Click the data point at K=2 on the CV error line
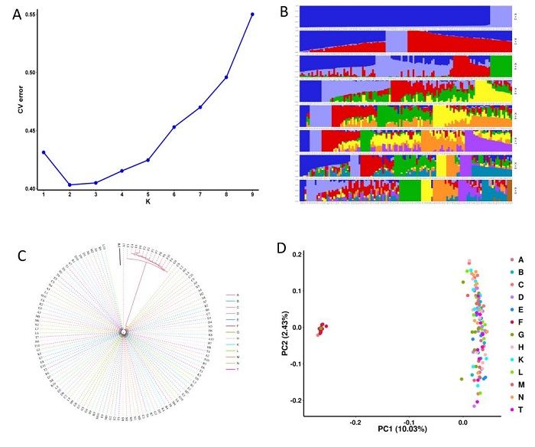point(70,184)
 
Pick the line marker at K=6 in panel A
point(174,127)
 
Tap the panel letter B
point(284,11)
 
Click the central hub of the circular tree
point(123,331)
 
